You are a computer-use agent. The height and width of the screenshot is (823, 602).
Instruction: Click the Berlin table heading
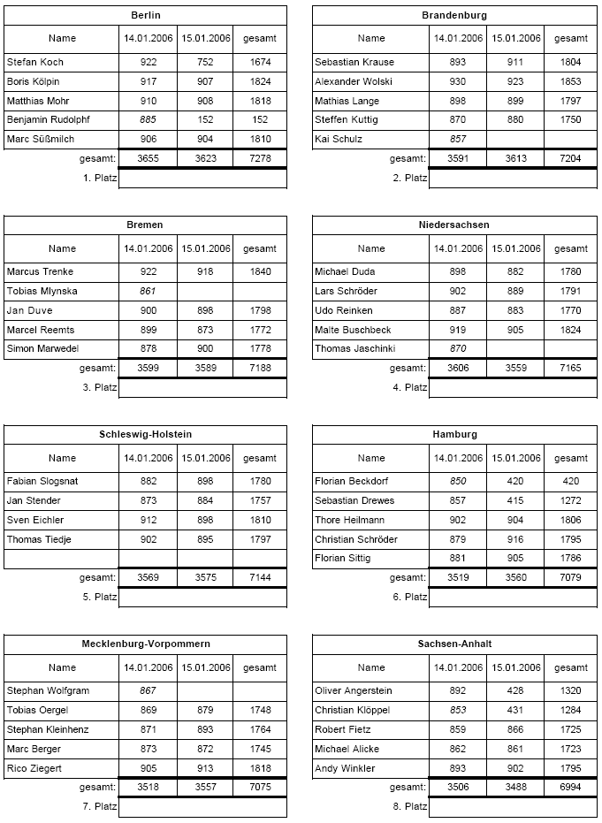145,15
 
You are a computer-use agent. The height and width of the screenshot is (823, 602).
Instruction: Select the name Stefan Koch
34,62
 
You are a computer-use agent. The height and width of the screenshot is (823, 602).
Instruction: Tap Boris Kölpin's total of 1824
260,81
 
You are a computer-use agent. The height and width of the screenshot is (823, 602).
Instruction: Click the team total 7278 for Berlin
260,159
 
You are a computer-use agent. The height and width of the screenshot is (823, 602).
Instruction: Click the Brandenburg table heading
454,15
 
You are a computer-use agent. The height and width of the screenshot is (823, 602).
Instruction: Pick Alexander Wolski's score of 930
458,81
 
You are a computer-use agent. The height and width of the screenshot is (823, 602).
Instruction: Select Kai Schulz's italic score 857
458,140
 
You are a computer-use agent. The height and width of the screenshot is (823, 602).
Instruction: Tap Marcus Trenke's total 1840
260,271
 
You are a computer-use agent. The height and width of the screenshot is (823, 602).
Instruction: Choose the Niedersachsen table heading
454,225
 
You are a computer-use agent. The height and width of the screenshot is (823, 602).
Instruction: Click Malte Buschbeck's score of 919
458,330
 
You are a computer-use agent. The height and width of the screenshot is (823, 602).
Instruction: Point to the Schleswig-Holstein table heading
145,434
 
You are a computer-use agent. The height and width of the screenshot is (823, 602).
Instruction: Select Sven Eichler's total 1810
260,520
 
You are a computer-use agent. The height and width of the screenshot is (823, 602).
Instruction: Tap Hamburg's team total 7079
570,578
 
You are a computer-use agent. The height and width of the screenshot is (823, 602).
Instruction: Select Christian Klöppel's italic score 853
458,710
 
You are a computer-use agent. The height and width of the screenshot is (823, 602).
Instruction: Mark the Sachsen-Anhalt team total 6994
570,788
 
